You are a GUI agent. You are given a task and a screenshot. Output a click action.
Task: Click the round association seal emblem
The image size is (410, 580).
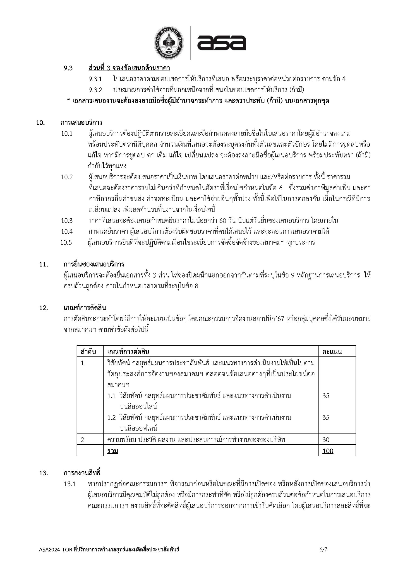(169, 43)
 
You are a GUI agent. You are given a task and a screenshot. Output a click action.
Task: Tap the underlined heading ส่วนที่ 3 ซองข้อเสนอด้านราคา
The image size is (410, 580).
(129, 68)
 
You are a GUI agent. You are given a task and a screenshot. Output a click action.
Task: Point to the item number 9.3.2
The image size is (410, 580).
(95, 90)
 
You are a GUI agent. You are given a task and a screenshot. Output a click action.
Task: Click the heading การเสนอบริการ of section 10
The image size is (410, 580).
(81, 123)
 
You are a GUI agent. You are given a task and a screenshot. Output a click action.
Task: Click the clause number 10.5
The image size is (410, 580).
(66, 243)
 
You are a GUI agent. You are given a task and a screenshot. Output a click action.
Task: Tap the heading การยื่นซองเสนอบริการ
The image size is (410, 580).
(94, 264)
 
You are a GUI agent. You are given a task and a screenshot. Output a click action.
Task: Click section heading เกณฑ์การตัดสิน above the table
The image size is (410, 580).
(85, 308)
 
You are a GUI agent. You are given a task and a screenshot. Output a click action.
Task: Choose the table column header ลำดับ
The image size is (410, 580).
(88, 352)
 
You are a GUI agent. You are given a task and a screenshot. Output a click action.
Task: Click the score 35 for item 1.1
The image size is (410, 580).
(326, 396)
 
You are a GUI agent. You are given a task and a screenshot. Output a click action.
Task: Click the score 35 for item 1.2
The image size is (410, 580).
(326, 418)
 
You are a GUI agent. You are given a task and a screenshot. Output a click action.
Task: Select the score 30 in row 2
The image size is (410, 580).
(326, 440)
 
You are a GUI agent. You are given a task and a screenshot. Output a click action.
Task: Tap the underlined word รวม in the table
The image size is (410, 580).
(113, 451)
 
